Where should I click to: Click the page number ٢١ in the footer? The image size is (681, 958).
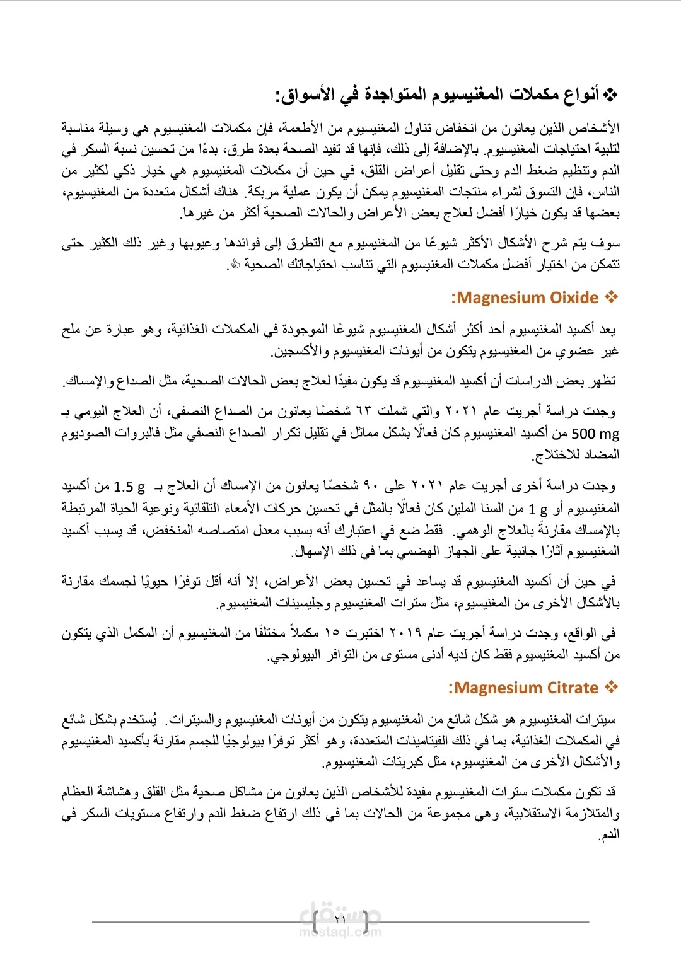(x=340, y=919)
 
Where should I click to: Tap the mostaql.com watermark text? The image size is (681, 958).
(x=340, y=932)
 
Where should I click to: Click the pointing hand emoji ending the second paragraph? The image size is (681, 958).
(x=234, y=265)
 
